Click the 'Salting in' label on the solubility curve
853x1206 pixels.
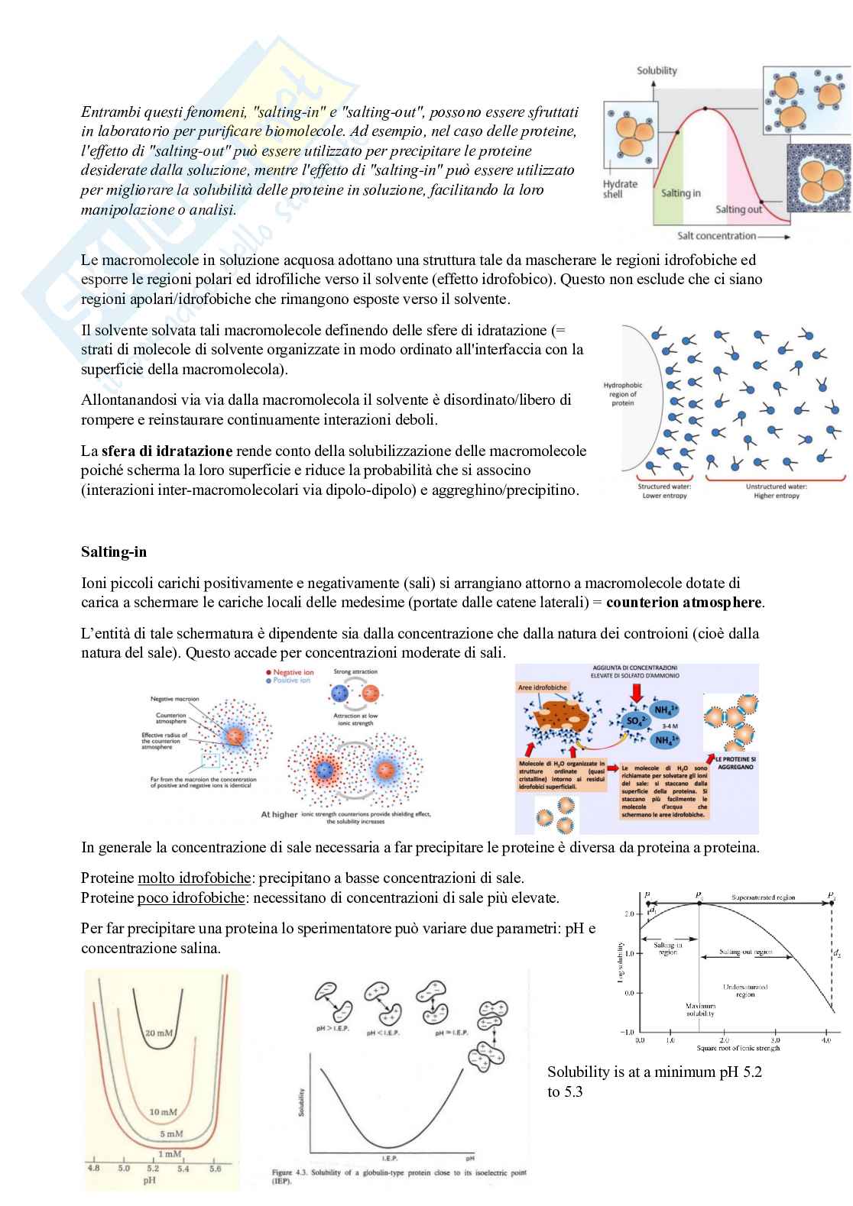click(x=680, y=193)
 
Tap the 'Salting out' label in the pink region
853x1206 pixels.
click(x=738, y=209)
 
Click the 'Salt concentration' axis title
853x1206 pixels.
click(x=716, y=236)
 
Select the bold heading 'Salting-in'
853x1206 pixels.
click(x=114, y=551)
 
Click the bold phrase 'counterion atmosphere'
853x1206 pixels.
click(x=683, y=602)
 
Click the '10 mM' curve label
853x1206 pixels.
click(x=164, y=1112)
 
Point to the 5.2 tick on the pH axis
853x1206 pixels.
click(x=153, y=1169)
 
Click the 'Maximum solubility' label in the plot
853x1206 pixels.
click(x=700, y=1010)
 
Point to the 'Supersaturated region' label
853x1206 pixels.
click(x=764, y=897)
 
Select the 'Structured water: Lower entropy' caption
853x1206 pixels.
click(x=662, y=491)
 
